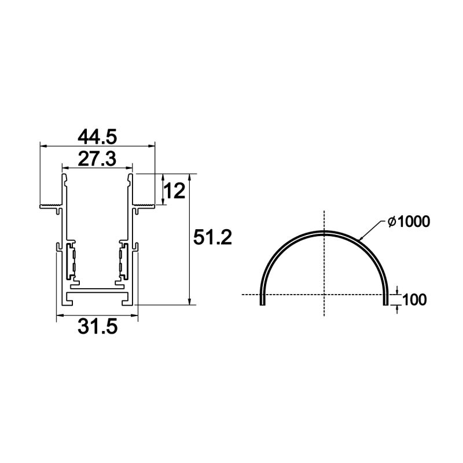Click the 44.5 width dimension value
pos(97,137)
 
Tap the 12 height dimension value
pos(174,191)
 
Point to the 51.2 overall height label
pos(212,237)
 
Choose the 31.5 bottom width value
pos(98,326)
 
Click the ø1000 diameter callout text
pos(409,222)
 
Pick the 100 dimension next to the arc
pos(414,300)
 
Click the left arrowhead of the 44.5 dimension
pos(43,146)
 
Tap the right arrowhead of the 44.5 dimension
pos(152,146)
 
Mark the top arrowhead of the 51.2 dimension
pos(190,178)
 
